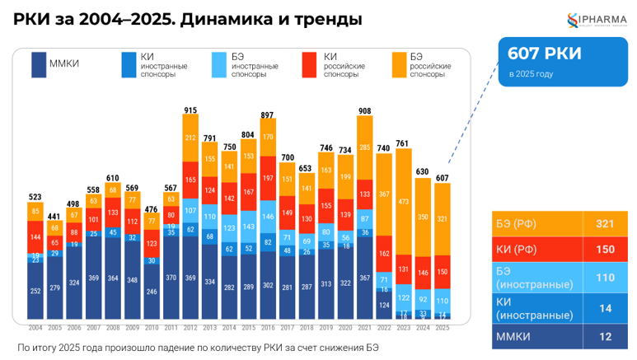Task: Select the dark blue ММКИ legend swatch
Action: click(38, 64)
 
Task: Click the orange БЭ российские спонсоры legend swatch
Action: click(398, 64)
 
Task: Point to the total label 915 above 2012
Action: click(190, 110)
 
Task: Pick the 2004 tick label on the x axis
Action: click(35, 327)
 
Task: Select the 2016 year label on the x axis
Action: click(268, 327)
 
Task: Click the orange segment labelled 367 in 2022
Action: click(384, 195)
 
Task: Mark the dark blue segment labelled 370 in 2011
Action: click(171, 278)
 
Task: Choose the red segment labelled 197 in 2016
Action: click(268, 178)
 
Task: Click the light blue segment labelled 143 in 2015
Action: click(248, 227)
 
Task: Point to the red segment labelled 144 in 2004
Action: click(35, 237)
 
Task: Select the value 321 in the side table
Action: click(604, 224)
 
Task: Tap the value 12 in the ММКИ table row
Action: click(604, 337)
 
